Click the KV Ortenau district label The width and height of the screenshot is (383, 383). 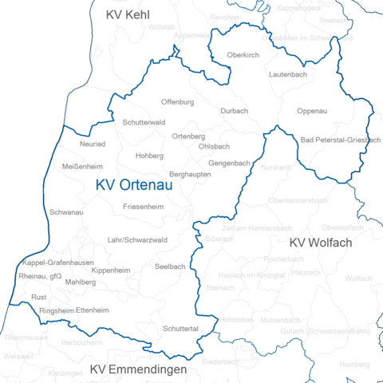pyautogui.click(x=134, y=185)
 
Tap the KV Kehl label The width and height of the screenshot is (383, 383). pyautogui.click(x=128, y=14)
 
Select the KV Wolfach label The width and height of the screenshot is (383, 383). pyautogui.click(x=321, y=243)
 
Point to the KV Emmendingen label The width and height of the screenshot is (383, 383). pyautogui.click(x=138, y=370)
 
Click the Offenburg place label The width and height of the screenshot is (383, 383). pyautogui.click(x=177, y=102)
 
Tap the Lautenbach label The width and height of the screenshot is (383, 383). pyautogui.click(x=288, y=73)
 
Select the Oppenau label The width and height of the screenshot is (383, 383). pyautogui.click(x=311, y=110)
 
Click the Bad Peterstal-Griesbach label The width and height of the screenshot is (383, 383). pyautogui.click(x=340, y=140)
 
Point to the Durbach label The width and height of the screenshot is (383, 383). pyautogui.click(x=235, y=110)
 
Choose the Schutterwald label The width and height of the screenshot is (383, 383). pyautogui.click(x=144, y=122)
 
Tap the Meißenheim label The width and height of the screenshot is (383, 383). pyautogui.click(x=82, y=167)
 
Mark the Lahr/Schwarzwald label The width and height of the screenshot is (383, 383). pyautogui.click(x=136, y=239)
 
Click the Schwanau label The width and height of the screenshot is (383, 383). pyautogui.click(x=66, y=213)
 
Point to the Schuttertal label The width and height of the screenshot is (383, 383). pyautogui.click(x=180, y=328)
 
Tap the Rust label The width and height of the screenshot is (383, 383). pyautogui.click(x=38, y=296)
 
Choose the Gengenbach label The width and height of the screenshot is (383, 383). pyautogui.click(x=229, y=163)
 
